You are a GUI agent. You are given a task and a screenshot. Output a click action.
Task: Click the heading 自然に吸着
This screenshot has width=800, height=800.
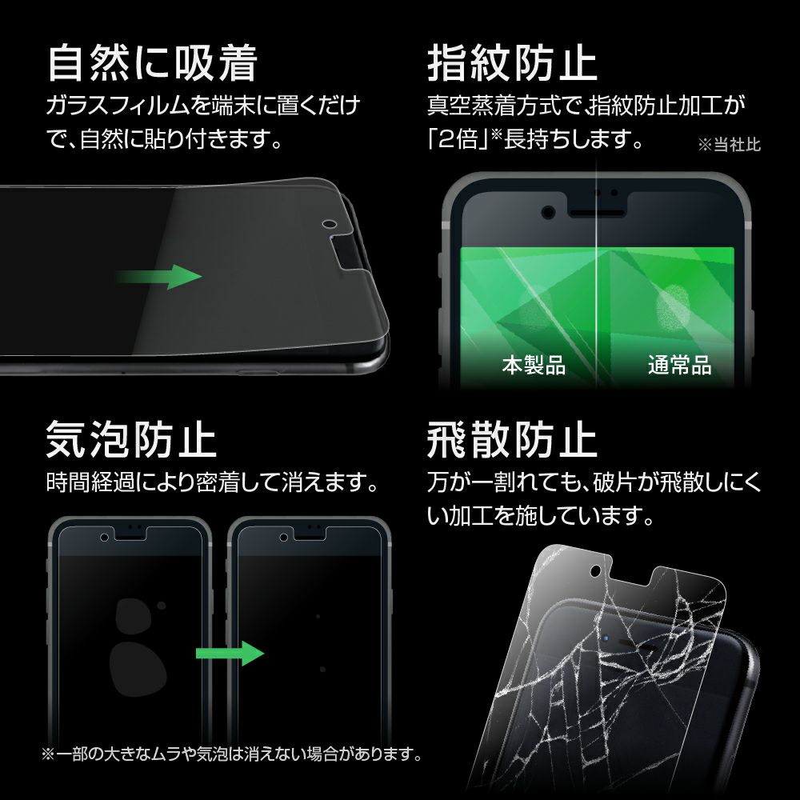point(152,64)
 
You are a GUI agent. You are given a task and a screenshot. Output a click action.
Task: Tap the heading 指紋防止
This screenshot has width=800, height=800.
point(512,64)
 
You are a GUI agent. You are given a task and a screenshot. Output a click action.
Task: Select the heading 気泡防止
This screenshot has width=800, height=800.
point(132,438)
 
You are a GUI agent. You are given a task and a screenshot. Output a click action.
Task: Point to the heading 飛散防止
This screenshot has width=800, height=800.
point(512,438)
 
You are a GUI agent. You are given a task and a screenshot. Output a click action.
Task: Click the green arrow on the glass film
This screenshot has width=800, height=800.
point(159,277)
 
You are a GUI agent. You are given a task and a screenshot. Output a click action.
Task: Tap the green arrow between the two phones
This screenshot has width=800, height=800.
point(230,653)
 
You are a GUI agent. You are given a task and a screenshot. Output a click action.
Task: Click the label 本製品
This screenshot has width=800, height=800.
point(534,366)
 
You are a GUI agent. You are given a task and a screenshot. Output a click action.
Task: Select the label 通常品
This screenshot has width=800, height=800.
point(679,366)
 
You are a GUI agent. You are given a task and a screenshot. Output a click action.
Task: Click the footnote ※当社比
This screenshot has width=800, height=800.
point(729,144)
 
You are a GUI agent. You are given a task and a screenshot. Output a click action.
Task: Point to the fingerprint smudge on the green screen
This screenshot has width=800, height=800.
point(673,310)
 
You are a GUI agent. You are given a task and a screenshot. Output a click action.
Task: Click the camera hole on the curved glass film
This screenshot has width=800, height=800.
point(329,224)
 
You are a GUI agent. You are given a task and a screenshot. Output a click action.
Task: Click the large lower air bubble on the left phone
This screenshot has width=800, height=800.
point(138,669)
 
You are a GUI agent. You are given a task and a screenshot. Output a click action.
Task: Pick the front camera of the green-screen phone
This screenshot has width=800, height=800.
point(549,211)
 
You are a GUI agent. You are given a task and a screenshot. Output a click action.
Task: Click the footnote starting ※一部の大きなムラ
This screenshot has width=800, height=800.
point(232,754)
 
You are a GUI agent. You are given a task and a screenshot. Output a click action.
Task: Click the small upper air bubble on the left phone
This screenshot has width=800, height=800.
point(162,606)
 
